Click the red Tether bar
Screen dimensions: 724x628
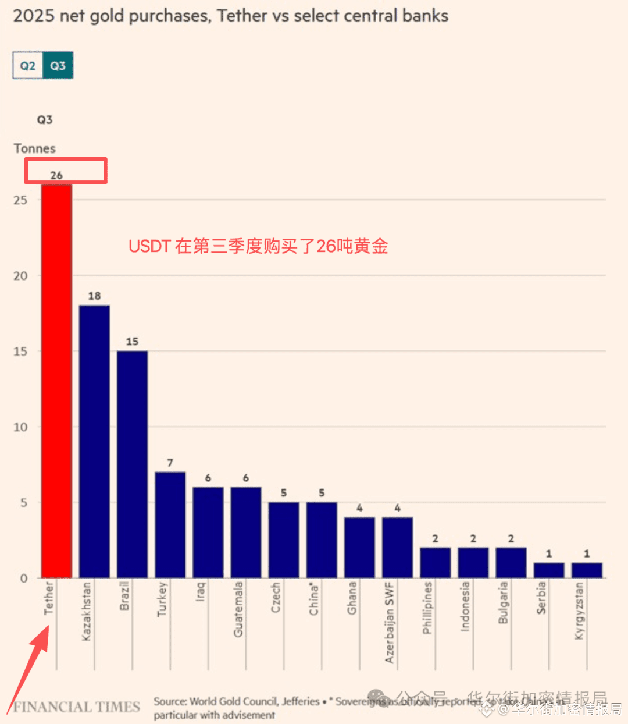coord(56,381)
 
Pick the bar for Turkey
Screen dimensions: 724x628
coord(170,524)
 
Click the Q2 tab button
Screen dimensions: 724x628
coord(28,66)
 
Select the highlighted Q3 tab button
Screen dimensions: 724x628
coord(58,66)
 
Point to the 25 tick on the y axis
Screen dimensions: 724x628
coord(20,200)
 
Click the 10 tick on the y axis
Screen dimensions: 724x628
coord(20,427)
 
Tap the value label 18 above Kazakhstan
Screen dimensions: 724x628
coord(94,296)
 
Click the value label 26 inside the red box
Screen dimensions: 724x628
coord(56,175)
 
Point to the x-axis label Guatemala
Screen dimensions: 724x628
coord(238,609)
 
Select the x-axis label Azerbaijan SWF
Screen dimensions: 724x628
coord(390,622)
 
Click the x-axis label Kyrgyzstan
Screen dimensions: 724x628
coord(579,611)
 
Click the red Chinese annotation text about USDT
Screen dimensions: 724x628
coord(258,246)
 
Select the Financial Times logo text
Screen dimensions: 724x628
coord(77,707)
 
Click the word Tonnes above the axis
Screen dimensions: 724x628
coord(35,148)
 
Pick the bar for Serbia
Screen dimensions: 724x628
coord(548,570)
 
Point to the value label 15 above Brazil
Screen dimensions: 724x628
coord(132,342)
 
